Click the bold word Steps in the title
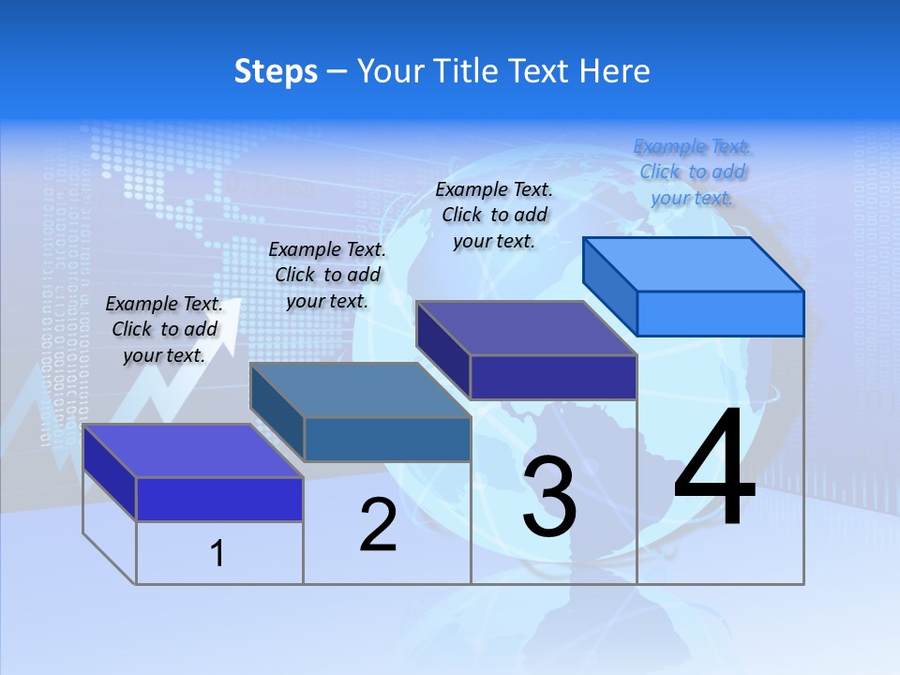276,71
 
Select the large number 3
549,497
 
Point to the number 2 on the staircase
378,525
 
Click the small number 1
217,554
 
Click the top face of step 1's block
193,450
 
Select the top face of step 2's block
360,390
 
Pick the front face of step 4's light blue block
720,313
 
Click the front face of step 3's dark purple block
553,377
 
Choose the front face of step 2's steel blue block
387,440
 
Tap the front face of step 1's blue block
219,499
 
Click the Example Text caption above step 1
164,329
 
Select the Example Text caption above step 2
327,275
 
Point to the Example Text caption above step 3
494,215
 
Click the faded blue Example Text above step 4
693,172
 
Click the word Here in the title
615,71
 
